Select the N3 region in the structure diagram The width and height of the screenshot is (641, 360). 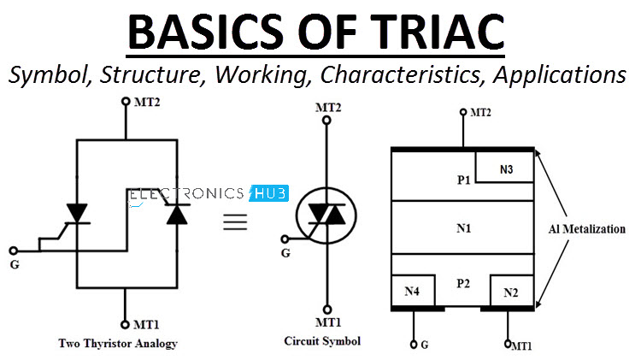pos(505,168)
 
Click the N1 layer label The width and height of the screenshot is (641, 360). pos(463,227)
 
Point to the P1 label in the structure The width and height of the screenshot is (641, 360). pos(463,180)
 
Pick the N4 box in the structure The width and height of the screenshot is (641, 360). pos(413,291)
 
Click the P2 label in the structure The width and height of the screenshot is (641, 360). pos(463,283)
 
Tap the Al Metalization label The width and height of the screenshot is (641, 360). pos(587,228)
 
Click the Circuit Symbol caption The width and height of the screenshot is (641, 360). pos(322,341)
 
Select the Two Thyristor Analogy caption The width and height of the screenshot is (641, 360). pos(118,343)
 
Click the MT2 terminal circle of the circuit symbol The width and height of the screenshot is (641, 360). pos(326,121)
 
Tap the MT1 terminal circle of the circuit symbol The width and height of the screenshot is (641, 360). pos(327,310)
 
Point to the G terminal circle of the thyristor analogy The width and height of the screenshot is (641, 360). pos(14,251)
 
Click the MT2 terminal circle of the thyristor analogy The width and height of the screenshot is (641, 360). pos(126,101)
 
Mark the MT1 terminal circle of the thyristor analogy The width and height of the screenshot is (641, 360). pos(125,325)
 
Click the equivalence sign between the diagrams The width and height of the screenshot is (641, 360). pos(235,221)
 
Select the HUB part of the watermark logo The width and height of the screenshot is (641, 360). pos(270,193)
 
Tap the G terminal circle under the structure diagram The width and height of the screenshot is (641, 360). pos(414,345)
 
